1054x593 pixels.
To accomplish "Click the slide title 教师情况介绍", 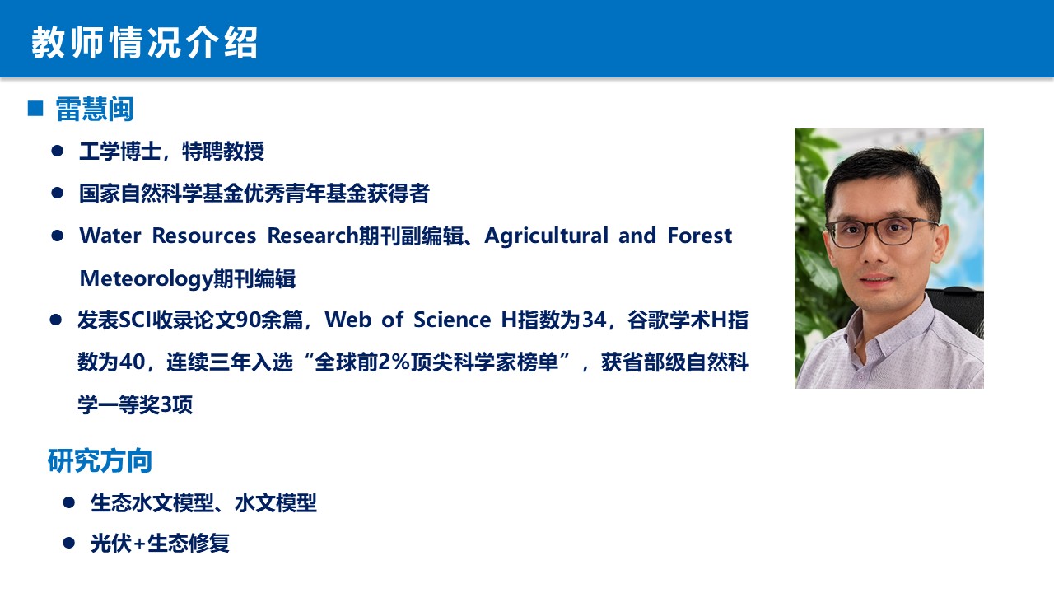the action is coord(144,43).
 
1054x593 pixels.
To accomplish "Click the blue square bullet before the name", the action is coord(35,108).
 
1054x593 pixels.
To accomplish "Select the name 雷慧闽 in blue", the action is coord(95,110).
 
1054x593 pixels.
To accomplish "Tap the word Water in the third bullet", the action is coord(110,236).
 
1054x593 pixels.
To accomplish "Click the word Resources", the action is coord(204,236).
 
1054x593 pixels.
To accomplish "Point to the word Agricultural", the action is coord(546,236).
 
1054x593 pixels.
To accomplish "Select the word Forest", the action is coord(700,236).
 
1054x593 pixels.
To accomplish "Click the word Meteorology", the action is coord(146,278).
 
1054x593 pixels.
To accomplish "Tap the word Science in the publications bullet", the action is coord(452,320).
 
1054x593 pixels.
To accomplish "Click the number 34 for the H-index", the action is coord(595,320).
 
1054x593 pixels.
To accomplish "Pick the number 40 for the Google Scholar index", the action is coord(133,362).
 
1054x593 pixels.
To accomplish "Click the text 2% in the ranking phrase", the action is coord(394,362).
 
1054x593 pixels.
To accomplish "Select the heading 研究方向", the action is coord(100,460).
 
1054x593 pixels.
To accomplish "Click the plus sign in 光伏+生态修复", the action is coord(139,544).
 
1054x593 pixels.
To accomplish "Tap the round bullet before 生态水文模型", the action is coord(68,502).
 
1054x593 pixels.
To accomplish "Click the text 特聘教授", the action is coord(223,152).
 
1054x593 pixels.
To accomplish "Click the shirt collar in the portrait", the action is coord(884,325).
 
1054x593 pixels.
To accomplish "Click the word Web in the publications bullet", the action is coord(347,320).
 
